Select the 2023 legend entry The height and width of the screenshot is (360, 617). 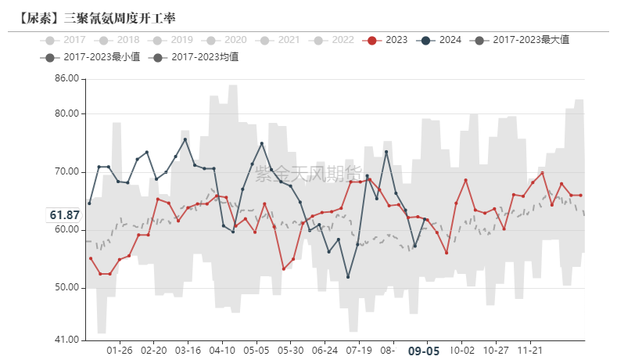tap(386, 40)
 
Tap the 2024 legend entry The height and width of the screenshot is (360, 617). tap(440, 40)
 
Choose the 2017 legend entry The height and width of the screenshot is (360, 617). tap(66, 40)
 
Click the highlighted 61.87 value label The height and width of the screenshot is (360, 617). tap(64, 215)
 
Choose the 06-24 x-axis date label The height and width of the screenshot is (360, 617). tap(325, 351)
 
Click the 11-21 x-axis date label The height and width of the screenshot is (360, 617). tap(532, 351)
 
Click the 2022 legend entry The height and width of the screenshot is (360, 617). tap(333, 40)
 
